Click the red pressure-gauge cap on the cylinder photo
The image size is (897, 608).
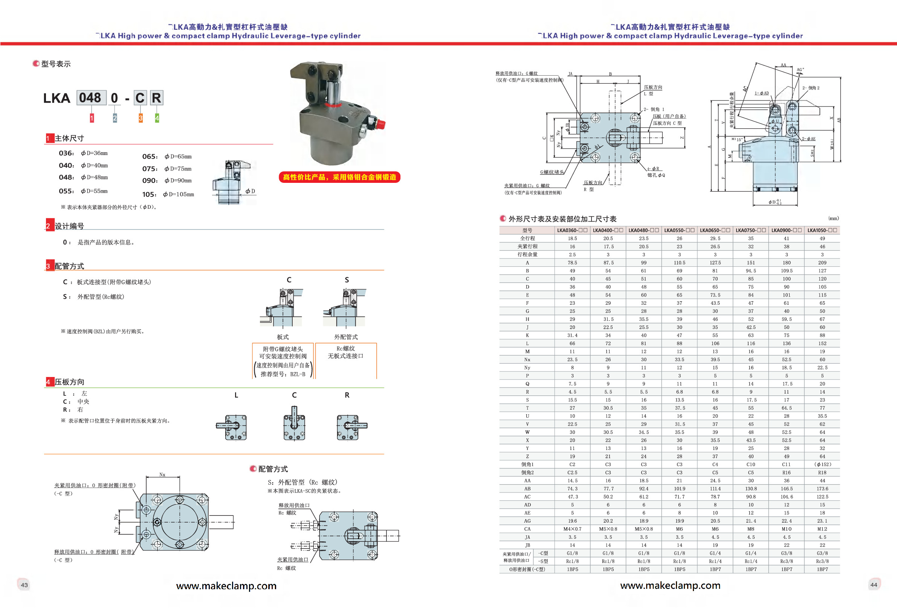[x=380, y=124]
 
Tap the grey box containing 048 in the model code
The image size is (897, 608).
[x=91, y=98]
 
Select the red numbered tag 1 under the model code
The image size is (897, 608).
[x=92, y=118]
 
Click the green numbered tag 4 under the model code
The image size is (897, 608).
[x=157, y=118]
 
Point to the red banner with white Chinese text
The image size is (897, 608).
[x=339, y=177]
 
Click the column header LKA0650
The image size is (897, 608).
[x=715, y=230]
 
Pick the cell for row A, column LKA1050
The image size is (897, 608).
[x=822, y=263]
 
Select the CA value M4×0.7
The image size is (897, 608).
[x=572, y=529]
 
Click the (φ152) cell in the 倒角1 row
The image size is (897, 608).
[x=822, y=465]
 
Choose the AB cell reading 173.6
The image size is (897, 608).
[x=822, y=488]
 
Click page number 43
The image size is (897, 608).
[x=24, y=585]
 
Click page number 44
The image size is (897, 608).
[x=874, y=585]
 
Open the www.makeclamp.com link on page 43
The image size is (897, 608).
[x=226, y=586]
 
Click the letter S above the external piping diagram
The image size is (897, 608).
[x=347, y=280]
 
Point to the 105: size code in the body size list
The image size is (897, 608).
[x=149, y=194]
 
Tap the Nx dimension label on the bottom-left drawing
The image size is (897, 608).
[x=162, y=474]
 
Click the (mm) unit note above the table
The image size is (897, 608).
[x=833, y=218]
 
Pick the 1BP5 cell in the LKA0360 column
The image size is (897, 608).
[x=572, y=569]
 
